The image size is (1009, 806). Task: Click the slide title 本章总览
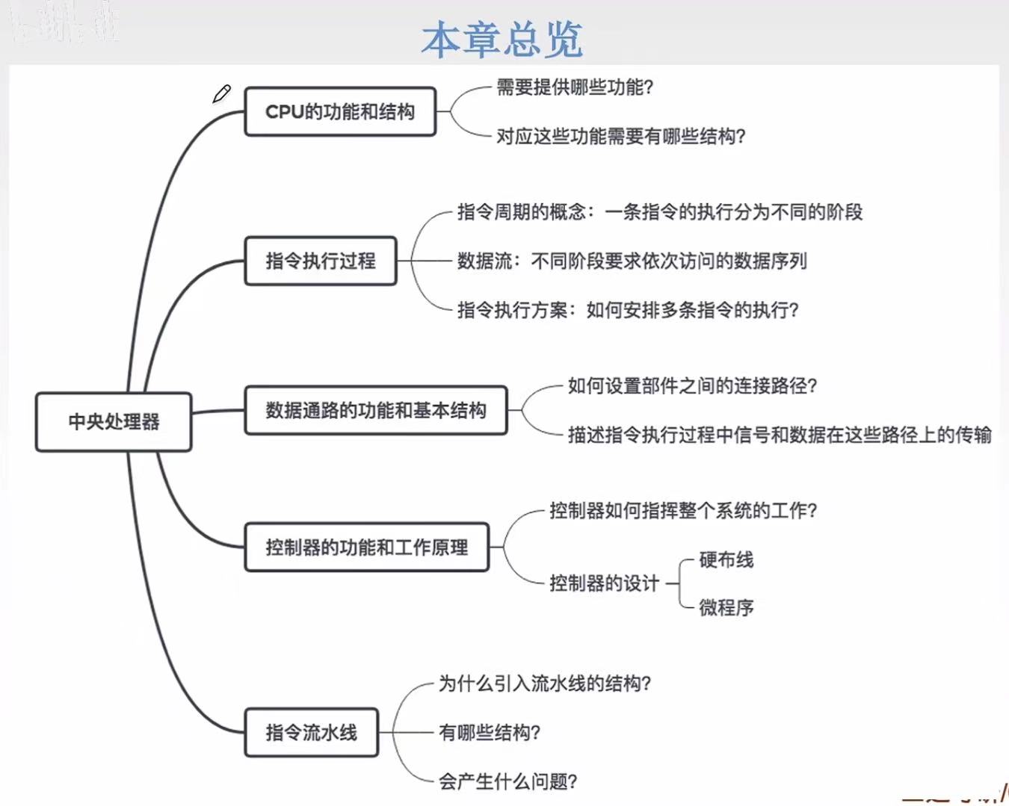pyautogui.click(x=502, y=39)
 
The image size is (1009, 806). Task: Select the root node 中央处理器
pyautogui.click(x=114, y=422)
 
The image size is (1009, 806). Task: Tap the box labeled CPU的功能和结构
pyautogui.click(x=340, y=112)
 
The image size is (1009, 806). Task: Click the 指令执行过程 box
pyautogui.click(x=321, y=261)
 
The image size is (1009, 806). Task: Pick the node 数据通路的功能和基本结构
pyautogui.click(x=376, y=411)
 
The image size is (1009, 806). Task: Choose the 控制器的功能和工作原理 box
pyautogui.click(x=367, y=548)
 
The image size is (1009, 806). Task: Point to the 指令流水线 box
pyautogui.click(x=311, y=733)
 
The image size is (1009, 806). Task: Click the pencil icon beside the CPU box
pyautogui.click(x=222, y=94)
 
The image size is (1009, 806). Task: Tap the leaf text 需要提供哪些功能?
pyautogui.click(x=575, y=87)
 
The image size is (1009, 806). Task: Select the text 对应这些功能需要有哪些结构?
pyautogui.click(x=621, y=137)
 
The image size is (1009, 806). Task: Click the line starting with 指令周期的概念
pyautogui.click(x=660, y=212)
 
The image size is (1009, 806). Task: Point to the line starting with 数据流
pyautogui.click(x=632, y=261)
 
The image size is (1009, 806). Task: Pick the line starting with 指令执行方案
pyautogui.click(x=628, y=310)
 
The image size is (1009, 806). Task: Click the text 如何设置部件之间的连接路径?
pyautogui.click(x=692, y=386)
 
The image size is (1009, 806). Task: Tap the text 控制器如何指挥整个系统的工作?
pyautogui.click(x=683, y=511)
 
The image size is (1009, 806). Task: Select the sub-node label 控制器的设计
pyautogui.click(x=605, y=583)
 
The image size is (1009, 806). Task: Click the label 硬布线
pyautogui.click(x=726, y=559)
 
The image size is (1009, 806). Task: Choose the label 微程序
pyautogui.click(x=726, y=608)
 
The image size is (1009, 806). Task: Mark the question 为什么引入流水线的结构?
pyautogui.click(x=545, y=683)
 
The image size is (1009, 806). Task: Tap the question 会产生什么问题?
pyautogui.click(x=507, y=782)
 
